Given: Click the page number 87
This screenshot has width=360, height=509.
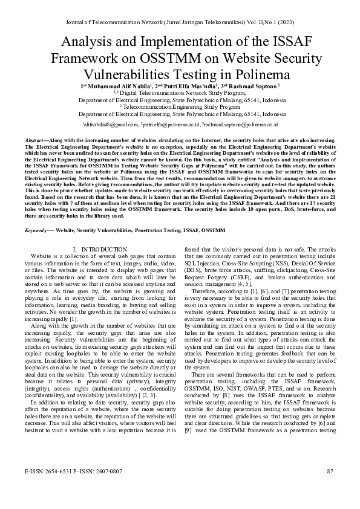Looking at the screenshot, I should click(330, 487).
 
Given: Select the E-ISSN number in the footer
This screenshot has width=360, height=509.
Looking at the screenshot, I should click(51, 487).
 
